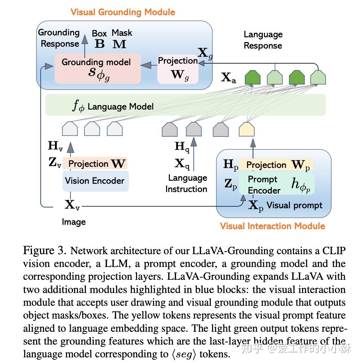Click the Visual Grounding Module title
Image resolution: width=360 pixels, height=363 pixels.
[122, 12]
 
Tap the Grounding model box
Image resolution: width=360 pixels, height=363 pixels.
[98, 68]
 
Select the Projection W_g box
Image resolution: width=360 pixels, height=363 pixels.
[177, 68]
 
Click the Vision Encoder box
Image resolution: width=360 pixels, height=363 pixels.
[95, 181]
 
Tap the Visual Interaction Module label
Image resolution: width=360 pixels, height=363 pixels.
[272, 226]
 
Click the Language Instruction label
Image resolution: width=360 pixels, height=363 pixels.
[187, 183]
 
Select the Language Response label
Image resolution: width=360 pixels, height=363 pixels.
[263, 40]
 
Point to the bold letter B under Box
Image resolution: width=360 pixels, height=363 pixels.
[99, 44]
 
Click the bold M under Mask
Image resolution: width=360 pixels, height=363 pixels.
[120, 44]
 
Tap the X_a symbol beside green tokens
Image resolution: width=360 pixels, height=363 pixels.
[229, 78]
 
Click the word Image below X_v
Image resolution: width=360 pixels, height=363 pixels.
[74, 222]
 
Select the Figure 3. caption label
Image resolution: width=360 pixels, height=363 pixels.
[44, 250]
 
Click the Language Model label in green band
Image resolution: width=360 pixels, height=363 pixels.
[121, 107]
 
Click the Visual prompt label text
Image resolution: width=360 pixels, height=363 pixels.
[294, 206]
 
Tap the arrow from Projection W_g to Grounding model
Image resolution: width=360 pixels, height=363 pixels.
[149, 66]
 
